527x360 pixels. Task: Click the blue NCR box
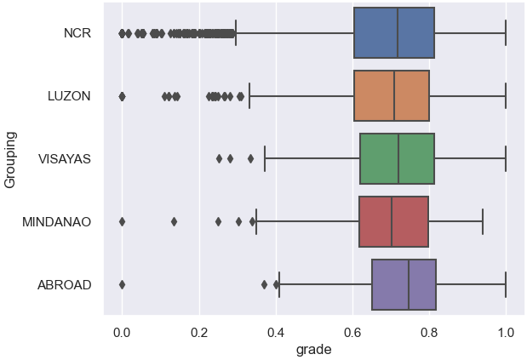[x=394, y=33]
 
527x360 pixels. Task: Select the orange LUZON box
[x=392, y=96]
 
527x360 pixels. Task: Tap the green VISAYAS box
[x=397, y=159]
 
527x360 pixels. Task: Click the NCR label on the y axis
[x=77, y=33]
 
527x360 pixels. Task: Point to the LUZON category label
[x=69, y=96]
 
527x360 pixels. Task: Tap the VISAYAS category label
[x=65, y=159]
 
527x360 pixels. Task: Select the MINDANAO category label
[x=56, y=221]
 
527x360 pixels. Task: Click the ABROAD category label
[x=64, y=284]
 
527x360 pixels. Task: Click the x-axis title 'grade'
[x=313, y=349]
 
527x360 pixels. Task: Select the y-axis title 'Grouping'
[x=11, y=159]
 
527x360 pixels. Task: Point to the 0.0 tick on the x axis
[x=122, y=332]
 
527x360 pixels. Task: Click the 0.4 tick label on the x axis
[x=276, y=332]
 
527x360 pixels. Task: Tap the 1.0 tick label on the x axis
[x=506, y=332]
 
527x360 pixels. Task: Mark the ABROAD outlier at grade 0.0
[x=122, y=284]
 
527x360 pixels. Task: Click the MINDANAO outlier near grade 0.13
[x=174, y=221]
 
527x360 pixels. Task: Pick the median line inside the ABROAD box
[x=409, y=284]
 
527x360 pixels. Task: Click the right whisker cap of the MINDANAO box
[x=483, y=221]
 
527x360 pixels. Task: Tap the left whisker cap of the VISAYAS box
[x=265, y=159]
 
